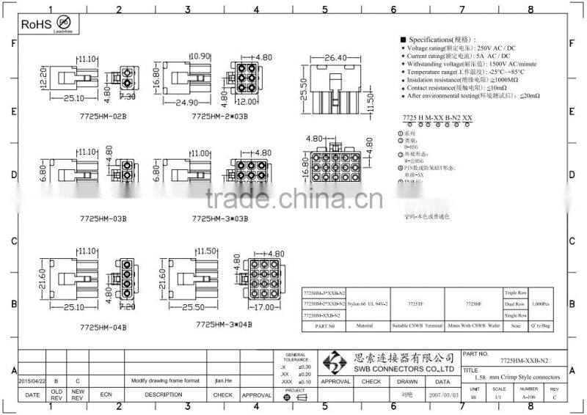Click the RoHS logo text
tap(34, 24)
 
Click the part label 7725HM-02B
tap(103, 116)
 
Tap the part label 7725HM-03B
tap(103, 218)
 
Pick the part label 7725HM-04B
tap(103, 327)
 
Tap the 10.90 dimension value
tap(200, 56)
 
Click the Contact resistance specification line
tap(455, 87)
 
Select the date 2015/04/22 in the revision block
tap(32, 381)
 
